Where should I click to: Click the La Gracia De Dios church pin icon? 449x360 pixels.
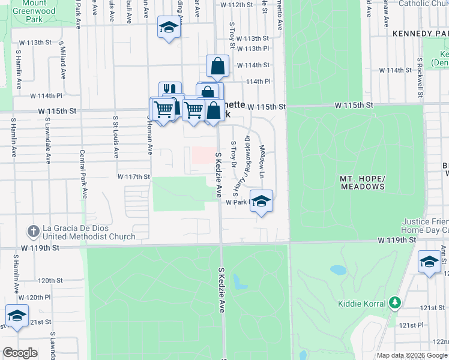tap(33, 230)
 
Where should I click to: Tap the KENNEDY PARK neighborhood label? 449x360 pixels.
tap(420, 34)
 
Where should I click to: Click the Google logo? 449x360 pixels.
tap(20, 353)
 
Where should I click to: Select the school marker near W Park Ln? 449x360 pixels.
tap(261, 201)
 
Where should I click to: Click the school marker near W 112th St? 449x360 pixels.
tap(169, 28)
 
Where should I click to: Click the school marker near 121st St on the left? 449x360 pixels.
tap(17, 316)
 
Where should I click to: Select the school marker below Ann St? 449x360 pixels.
tap(429, 262)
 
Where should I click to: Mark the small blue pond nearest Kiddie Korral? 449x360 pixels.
tap(338, 270)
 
